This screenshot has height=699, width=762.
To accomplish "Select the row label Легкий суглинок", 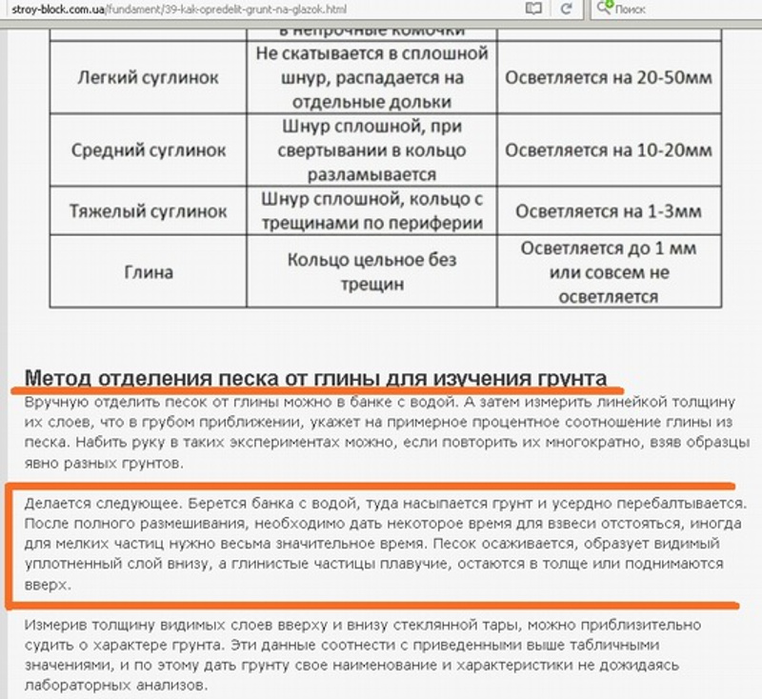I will tap(149, 76).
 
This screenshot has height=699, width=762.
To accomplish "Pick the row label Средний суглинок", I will tap(149, 150).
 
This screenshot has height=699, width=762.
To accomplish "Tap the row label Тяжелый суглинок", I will tap(149, 210).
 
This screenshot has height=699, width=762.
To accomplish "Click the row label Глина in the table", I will tap(149, 272).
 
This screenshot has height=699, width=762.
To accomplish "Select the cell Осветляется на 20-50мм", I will tap(609, 76).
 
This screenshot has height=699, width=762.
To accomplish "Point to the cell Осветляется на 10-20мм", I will tap(609, 150).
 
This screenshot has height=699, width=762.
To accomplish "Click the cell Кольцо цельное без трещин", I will tap(372, 271).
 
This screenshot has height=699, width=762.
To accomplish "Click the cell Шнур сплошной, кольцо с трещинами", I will tap(372, 210).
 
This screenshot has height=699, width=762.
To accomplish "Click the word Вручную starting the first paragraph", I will tap(54, 401).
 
